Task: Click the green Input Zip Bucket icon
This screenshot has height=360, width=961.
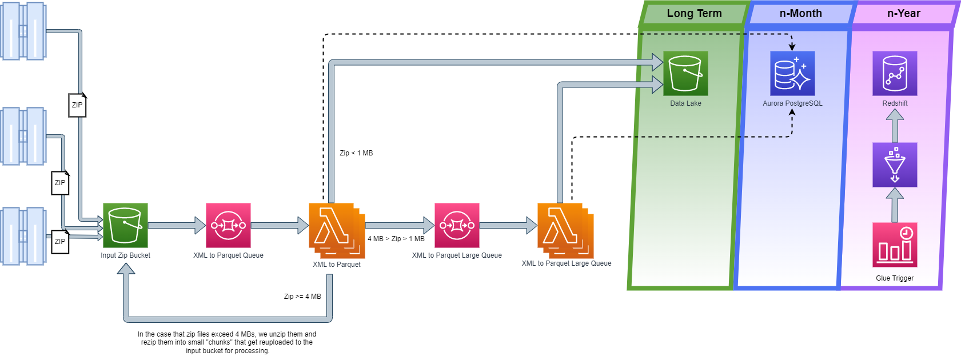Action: click(x=125, y=225)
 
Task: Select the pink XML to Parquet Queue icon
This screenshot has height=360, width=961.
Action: click(x=228, y=225)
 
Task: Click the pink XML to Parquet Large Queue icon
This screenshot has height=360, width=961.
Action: click(x=457, y=225)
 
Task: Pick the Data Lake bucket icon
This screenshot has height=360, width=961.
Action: click(x=685, y=73)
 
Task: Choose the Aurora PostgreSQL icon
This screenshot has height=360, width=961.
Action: click(x=792, y=73)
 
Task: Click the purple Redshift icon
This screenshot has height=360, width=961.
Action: click(x=895, y=73)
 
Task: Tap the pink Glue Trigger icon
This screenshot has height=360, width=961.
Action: click(x=895, y=245)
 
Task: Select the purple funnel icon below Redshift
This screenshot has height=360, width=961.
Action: click(x=895, y=165)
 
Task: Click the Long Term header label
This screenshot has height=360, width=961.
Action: click(x=694, y=13)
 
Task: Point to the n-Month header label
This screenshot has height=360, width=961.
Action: click(x=800, y=13)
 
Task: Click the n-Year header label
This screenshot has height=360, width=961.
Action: click(x=903, y=13)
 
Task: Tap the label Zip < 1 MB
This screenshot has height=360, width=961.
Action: click(x=356, y=153)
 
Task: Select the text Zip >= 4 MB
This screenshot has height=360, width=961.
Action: click(x=302, y=297)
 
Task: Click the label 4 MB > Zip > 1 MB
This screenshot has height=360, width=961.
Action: click(x=396, y=239)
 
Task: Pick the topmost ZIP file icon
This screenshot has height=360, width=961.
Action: click(x=77, y=105)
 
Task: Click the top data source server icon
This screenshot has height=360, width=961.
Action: click(x=23, y=31)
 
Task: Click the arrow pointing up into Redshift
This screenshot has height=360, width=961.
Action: click(x=895, y=125)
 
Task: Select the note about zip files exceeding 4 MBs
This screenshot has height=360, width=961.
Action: click(x=227, y=342)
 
